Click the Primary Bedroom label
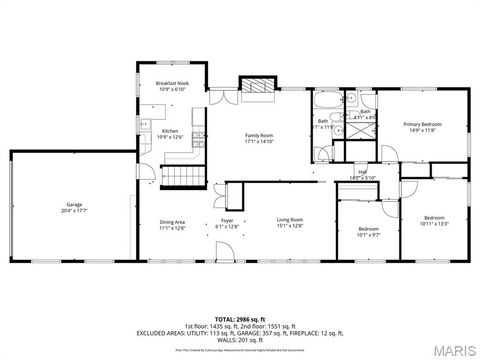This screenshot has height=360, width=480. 422,125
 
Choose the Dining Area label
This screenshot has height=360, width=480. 172,223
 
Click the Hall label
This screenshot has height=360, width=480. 362,172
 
